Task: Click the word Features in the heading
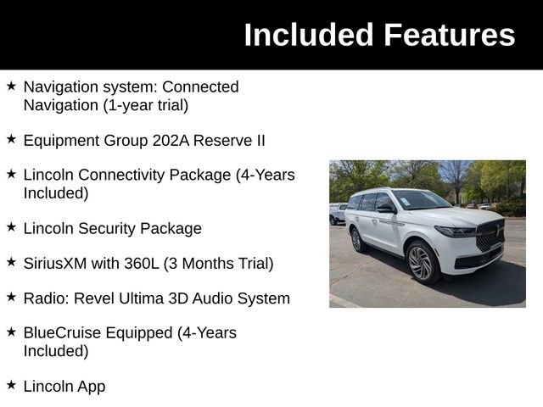pos(449,35)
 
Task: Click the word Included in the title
pos(309,35)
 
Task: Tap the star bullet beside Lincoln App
pos(11,385)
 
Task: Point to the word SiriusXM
pos(55,263)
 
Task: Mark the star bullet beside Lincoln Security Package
pos(11,227)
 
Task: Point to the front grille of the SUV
pos(490,235)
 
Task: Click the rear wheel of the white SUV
pos(358,240)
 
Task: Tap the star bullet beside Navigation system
pos(11,86)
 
